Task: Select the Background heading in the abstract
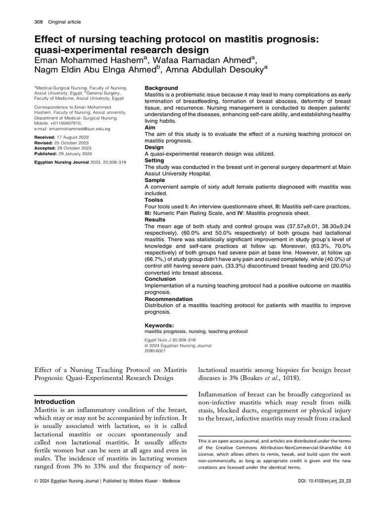click(161, 88)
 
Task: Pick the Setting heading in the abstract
click(155, 161)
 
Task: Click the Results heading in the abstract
click(155, 220)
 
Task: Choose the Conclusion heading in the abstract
click(161, 279)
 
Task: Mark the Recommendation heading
click(168, 299)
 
